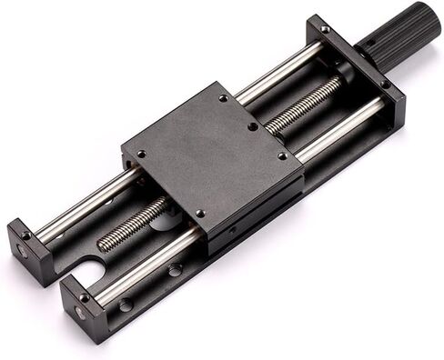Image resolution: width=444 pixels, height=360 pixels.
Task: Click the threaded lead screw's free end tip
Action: point(102,245)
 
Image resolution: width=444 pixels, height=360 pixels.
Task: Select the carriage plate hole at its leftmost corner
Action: point(141,154)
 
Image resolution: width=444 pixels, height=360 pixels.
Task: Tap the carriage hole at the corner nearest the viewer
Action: point(201,214)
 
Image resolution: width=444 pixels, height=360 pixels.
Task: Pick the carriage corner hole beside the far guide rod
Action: point(224,98)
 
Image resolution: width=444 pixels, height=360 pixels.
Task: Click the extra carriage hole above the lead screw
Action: point(252,127)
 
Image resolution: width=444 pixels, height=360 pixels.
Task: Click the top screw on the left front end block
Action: point(25,235)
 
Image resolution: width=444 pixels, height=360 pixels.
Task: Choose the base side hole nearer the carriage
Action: point(174,269)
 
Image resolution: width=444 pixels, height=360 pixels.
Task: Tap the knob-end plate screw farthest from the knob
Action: point(326,30)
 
